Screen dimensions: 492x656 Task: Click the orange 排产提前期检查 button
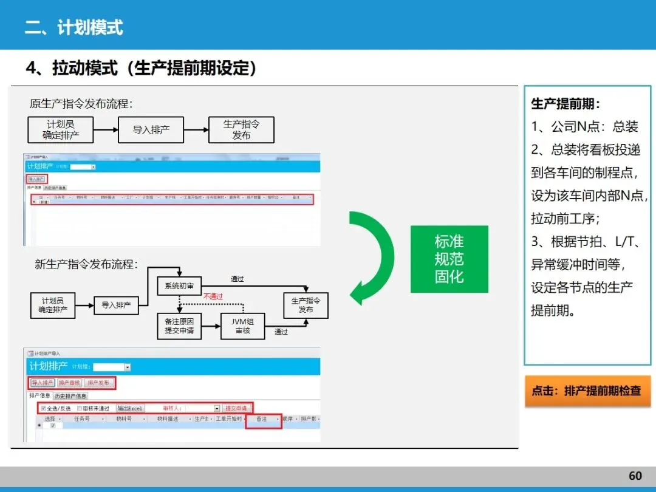[587, 391]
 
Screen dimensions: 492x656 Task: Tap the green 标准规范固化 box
[449, 259]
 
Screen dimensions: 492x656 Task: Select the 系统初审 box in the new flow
[179, 285]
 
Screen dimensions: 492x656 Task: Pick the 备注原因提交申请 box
[179, 326]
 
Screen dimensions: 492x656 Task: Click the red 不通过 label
[213, 296]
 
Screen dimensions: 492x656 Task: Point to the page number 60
[635, 476]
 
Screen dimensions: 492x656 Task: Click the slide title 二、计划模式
[73, 27]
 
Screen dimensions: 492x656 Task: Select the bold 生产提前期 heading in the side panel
[565, 104]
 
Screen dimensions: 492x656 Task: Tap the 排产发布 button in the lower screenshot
[98, 383]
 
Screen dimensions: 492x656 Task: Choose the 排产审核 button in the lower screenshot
[70, 383]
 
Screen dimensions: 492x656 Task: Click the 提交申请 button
[237, 408]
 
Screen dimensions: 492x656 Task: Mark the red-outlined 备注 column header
[263, 419]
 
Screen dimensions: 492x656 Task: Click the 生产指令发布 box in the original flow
[241, 129]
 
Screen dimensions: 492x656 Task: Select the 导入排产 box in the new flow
[116, 305]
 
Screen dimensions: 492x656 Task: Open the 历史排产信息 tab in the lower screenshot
[71, 396]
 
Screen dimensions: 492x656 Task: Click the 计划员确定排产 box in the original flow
[61, 129]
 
